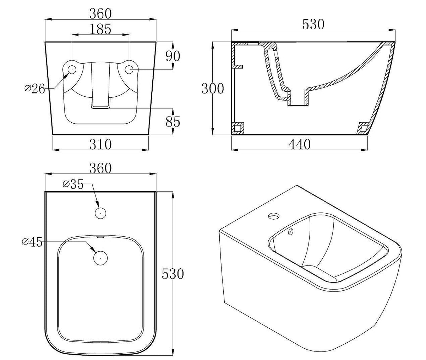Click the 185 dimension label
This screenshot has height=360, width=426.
point(100,29)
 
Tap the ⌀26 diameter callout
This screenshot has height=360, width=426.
point(35,89)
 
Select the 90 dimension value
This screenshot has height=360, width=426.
point(173,56)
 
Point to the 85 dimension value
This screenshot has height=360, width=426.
point(173,122)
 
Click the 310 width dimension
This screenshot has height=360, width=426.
point(100,144)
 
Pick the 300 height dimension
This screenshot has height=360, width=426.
point(213,89)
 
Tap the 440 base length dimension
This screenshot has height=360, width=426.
point(300,144)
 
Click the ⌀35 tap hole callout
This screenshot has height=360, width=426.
point(73,184)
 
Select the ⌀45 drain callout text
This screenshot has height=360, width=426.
point(32,242)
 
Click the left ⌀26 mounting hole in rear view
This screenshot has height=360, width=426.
point(72,70)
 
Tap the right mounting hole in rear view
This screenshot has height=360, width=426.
point(129,70)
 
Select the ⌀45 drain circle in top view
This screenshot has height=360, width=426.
point(100,258)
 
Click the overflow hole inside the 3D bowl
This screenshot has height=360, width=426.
point(290,232)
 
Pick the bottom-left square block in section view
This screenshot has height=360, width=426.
point(238,129)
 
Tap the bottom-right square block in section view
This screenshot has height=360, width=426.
point(364,129)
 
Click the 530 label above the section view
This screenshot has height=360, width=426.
point(313,24)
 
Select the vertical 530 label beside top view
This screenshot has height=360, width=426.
point(173,274)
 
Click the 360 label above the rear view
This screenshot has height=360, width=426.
point(100,14)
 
